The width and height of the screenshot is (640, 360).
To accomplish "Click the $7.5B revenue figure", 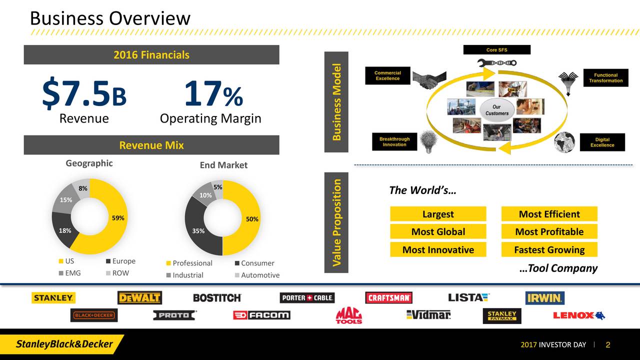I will coord(84,95).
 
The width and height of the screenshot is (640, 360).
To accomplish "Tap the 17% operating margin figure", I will coord(213,95).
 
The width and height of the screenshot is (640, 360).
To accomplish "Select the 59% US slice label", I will coord(118,218).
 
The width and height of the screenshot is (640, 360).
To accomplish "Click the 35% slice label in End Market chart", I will coord(198,231).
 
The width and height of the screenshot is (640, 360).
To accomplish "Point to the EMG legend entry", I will coord(70,273).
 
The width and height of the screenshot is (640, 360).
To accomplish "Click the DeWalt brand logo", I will coord(139,298).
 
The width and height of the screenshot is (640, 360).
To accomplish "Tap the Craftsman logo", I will coord(389,298).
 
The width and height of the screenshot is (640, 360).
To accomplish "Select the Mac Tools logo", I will coord(348,315).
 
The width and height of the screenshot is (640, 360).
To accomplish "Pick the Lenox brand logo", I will coord(578,315).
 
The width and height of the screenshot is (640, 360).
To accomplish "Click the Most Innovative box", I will coord(438,250).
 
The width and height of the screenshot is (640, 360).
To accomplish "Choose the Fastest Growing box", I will coord(549,250).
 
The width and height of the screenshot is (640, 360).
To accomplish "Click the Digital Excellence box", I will coord(602,142).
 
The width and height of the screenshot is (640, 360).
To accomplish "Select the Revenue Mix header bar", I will coord(151,145).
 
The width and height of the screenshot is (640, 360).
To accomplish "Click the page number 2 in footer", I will coord(608,345).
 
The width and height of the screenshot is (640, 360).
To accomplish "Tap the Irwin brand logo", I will coord(544,298).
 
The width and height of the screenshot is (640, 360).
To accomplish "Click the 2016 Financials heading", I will coord(151,55).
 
